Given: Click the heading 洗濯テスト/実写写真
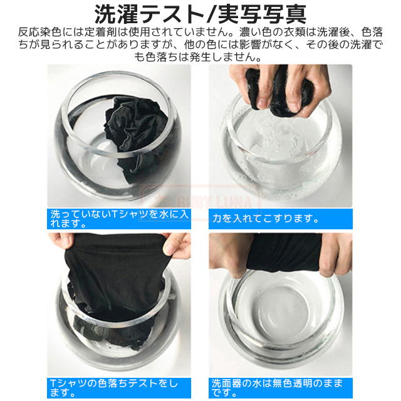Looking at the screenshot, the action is [x=200, y=14].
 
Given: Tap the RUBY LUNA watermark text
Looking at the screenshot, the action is [x=214, y=203].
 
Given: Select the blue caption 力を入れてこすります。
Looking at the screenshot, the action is [x=265, y=219].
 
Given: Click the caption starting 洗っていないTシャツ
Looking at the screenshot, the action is [x=119, y=219].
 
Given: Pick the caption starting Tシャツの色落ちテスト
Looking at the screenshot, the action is [x=114, y=388].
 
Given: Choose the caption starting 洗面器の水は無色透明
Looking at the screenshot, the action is [x=277, y=388].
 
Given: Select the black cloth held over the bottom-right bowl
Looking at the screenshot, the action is [x=284, y=252].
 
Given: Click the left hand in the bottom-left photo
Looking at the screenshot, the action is [x=61, y=242].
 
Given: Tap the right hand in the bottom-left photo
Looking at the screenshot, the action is [x=177, y=244].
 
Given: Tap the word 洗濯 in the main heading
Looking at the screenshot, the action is [x=116, y=14].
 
